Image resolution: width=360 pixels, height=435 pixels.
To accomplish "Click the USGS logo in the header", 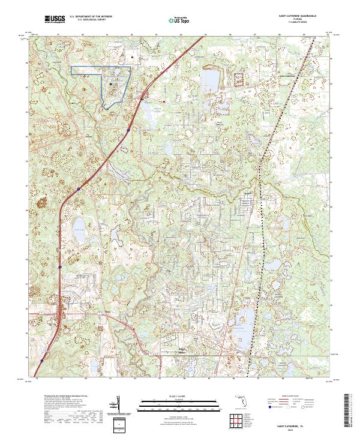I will coord(53,19).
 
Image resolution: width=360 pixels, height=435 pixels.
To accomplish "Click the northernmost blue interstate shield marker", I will coord(129,129).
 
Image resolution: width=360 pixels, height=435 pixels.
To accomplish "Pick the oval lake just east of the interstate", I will coord(79,226).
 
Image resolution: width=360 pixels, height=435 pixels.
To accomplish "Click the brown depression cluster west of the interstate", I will coord(43,200).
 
